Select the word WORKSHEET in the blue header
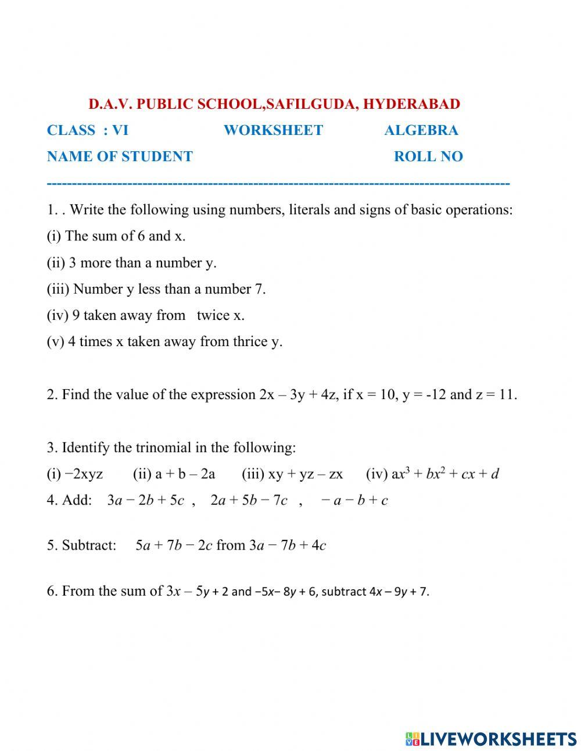point(273,130)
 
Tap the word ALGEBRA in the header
point(421,130)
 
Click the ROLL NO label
point(428,156)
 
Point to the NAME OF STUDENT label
point(120,156)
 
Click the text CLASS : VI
point(88,130)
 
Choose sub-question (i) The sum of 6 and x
point(116,236)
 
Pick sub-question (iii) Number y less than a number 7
point(156,289)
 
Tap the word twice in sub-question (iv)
point(213,315)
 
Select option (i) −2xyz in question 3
point(75,474)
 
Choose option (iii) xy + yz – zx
point(292,474)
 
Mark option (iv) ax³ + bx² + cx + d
point(432,474)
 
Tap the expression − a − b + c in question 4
point(354,500)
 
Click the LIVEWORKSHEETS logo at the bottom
point(491,739)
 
